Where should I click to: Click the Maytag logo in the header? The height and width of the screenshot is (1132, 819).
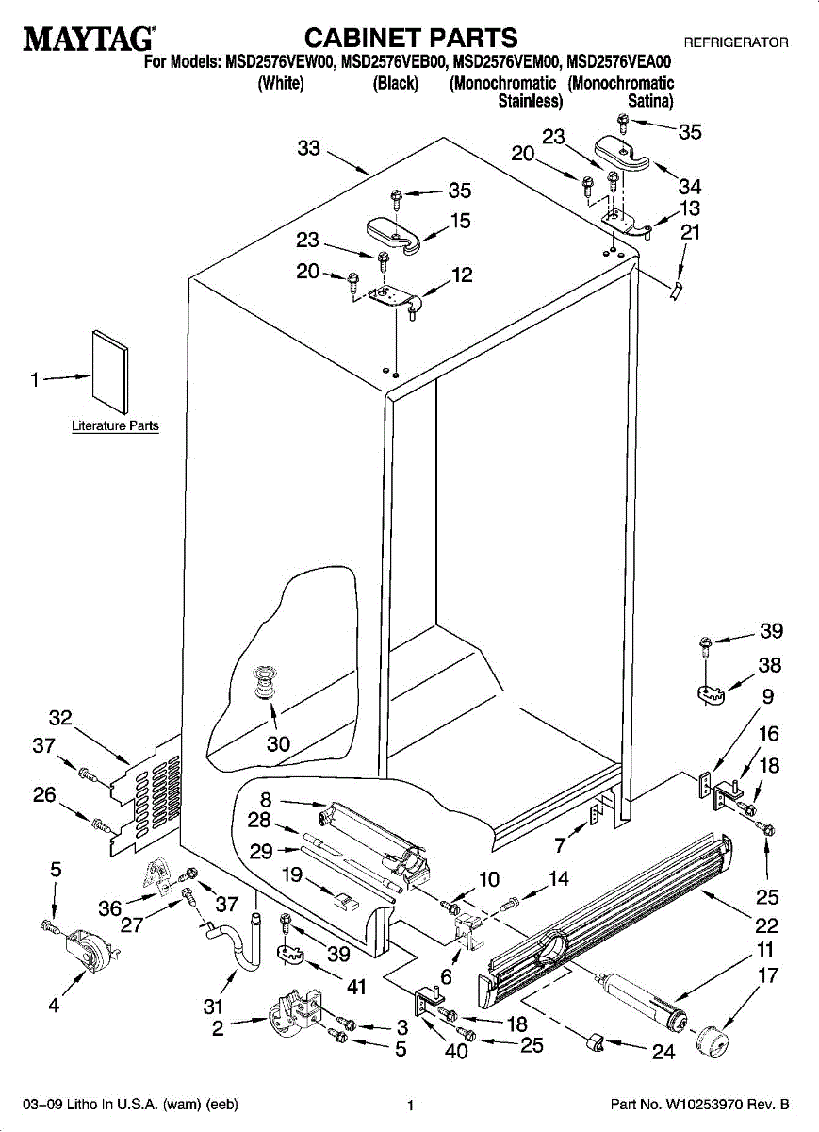89,39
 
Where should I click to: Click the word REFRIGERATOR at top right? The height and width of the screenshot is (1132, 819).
736,42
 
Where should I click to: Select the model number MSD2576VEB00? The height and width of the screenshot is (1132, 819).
394,62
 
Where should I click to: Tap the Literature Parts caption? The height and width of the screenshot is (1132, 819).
115,426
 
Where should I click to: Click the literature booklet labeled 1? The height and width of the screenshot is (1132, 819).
110,372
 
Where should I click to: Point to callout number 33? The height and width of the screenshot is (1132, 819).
308,148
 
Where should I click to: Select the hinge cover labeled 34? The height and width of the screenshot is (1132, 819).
622,152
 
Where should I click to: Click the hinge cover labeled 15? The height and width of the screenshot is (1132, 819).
393,234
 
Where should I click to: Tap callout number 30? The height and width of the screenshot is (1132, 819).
278,743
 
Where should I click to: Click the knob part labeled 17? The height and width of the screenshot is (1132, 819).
713,1041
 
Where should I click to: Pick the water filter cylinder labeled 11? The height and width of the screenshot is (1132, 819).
641,1002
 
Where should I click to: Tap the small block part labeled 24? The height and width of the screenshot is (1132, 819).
596,1042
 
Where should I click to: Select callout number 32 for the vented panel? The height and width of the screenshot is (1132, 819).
60,718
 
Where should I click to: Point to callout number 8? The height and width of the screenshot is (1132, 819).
266,800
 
